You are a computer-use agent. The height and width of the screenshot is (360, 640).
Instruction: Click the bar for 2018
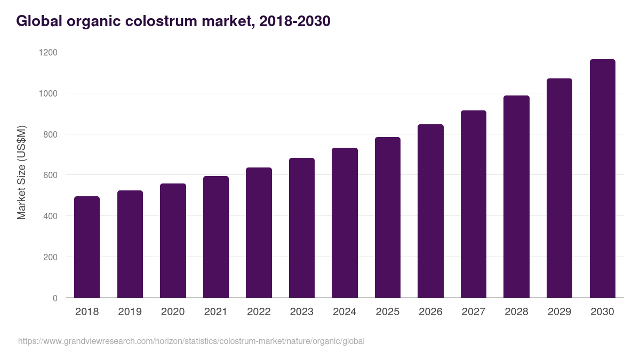[87, 247]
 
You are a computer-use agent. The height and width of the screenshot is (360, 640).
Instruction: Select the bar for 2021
[216, 237]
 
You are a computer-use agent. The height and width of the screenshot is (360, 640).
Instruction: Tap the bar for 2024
[345, 223]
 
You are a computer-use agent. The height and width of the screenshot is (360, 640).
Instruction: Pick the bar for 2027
[474, 204]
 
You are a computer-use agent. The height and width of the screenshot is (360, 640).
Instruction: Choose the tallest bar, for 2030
[602, 179]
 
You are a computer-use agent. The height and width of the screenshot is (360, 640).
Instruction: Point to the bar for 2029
[559, 188]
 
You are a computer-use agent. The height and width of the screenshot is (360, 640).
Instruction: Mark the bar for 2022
[259, 233]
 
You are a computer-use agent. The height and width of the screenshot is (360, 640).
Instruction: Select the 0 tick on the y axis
[55, 298]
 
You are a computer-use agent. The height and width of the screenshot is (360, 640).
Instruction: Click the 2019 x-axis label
[130, 312]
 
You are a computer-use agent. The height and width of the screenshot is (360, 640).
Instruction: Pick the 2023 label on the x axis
[301, 312]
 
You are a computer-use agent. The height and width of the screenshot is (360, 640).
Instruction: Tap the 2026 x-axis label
[430, 312]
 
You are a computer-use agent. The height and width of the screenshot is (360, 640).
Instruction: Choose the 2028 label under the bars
[516, 312]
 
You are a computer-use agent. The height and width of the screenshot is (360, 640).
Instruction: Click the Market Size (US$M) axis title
[21, 173]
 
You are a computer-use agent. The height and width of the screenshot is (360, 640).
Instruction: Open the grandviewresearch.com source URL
[191, 341]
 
